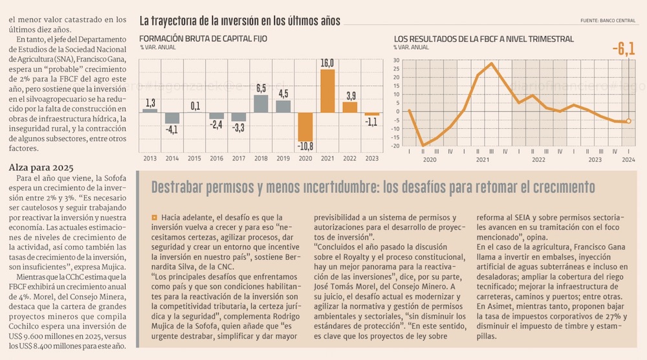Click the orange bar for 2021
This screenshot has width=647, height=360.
pyautogui.click(x=327, y=91)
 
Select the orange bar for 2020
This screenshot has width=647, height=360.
pyautogui.click(x=305, y=127)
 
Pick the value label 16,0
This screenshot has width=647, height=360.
pyautogui.click(x=327, y=63)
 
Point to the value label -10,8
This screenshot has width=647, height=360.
pyautogui.click(x=305, y=147)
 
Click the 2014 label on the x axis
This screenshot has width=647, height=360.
pyautogui.click(x=171, y=158)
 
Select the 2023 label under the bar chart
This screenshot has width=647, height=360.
pyautogui.click(x=371, y=158)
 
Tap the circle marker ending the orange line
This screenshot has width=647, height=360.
pyautogui.click(x=628, y=121)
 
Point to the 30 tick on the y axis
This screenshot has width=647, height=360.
pyautogui.click(x=395, y=61)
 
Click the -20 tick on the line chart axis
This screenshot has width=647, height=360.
pyautogui.click(x=394, y=146)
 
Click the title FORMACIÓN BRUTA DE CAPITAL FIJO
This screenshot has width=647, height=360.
pyautogui.click(x=203, y=39)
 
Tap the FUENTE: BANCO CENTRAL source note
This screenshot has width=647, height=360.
pyautogui.click(x=608, y=21)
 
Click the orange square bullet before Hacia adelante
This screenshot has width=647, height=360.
pyautogui.click(x=154, y=218)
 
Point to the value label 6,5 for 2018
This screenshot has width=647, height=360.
pyautogui.click(x=261, y=87)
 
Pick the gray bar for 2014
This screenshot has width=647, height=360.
pyautogui.click(x=171, y=118)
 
